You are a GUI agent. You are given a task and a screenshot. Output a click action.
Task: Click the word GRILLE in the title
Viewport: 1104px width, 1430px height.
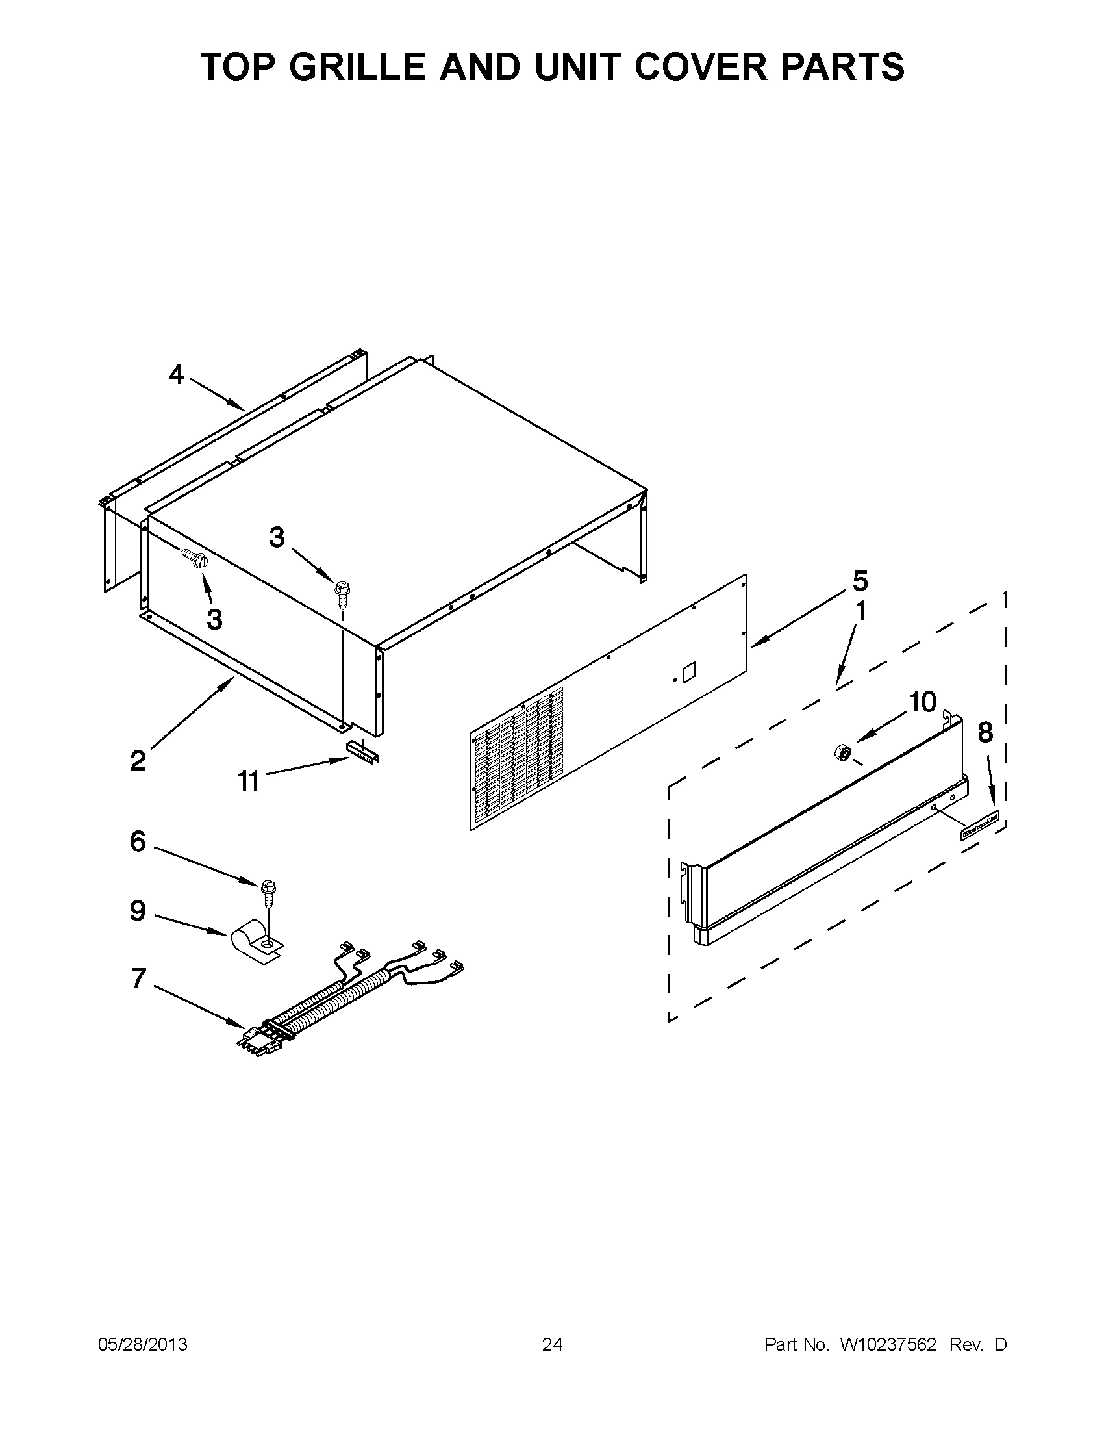[357, 67]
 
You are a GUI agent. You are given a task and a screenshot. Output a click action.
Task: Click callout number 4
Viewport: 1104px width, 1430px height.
[177, 375]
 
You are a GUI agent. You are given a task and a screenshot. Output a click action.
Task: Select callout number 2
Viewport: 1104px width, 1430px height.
[138, 761]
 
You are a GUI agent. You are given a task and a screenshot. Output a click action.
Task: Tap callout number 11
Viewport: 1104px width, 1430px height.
[248, 781]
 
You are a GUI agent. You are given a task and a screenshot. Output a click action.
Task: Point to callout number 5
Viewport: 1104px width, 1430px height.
[860, 581]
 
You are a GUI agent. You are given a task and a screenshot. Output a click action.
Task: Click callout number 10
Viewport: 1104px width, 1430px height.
[922, 702]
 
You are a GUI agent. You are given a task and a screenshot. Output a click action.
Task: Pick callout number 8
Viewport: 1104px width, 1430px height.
[985, 733]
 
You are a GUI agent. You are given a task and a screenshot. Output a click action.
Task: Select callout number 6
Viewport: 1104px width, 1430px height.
[138, 841]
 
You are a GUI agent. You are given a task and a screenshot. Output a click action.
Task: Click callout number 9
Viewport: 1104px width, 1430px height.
[138, 911]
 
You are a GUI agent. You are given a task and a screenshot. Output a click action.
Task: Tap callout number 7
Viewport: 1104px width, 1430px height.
[138, 997]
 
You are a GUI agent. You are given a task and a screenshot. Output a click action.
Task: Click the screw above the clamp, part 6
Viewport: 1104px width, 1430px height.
[268, 889]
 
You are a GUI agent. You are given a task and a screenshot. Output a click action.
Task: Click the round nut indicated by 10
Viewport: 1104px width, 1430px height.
[842, 753]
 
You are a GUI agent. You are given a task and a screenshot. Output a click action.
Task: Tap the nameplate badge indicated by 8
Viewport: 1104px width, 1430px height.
[980, 824]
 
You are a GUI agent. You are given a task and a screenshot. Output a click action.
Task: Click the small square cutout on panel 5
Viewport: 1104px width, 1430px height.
[689, 673]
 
